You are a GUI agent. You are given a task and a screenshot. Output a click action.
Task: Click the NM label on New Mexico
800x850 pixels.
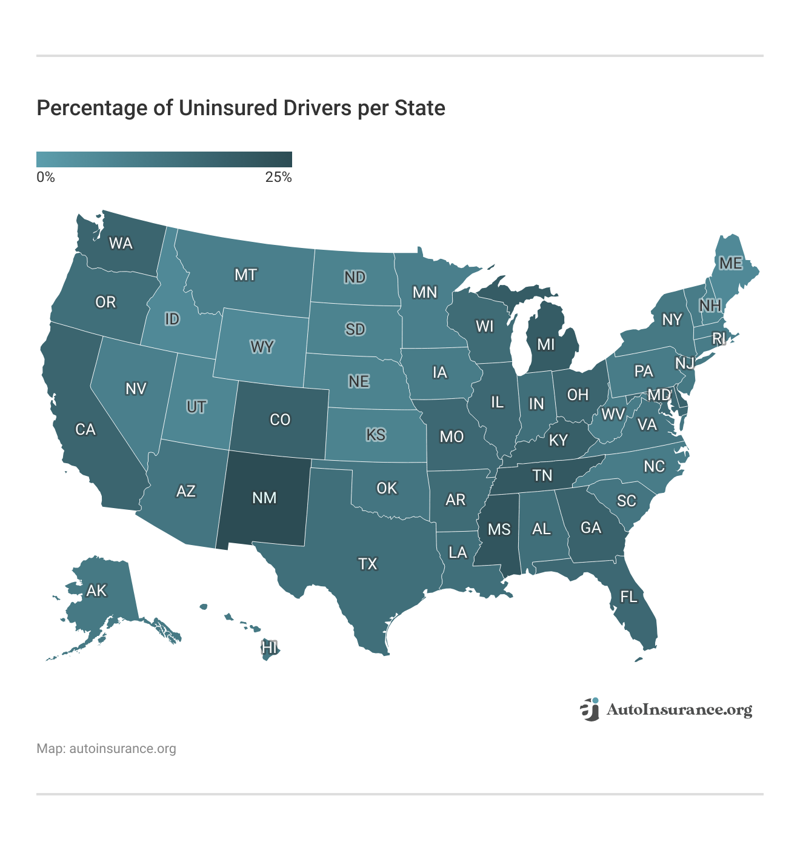pyautogui.click(x=264, y=498)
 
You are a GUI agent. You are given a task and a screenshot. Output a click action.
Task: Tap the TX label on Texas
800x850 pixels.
pyautogui.click(x=367, y=564)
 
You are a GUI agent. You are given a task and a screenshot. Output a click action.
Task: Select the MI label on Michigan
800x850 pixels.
pyautogui.click(x=545, y=344)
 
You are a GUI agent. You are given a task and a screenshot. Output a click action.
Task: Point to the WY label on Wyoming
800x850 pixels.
pyautogui.click(x=262, y=347)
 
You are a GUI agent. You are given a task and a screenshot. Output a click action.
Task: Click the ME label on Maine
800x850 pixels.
pyautogui.click(x=730, y=263)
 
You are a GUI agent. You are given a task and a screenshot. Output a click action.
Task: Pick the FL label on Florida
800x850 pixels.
pyautogui.click(x=628, y=597)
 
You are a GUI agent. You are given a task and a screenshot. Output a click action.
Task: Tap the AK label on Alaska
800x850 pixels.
pyautogui.click(x=96, y=590)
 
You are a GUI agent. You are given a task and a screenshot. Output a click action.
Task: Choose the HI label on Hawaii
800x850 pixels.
pyautogui.click(x=269, y=648)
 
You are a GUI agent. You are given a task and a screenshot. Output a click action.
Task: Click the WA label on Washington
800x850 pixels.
pyautogui.click(x=120, y=243)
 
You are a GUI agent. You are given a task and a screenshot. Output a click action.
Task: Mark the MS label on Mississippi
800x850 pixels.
pyautogui.click(x=499, y=529)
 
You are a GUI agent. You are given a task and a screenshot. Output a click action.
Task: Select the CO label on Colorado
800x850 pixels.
pyautogui.click(x=279, y=420)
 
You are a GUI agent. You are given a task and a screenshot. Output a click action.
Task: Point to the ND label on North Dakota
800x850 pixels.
pyautogui.click(x=355, y=277)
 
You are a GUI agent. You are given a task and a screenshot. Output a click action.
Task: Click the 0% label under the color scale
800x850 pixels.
pyautogui.click(x=45, y=177)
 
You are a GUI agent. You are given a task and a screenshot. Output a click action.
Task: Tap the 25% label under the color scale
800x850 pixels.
pyautogui.click(x=278, y=177)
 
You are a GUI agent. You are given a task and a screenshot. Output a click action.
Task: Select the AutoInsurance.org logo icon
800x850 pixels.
pyautogui.click(x=589, y=709)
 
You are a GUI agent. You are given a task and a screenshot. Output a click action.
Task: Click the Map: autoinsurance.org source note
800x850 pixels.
pyautogui.click(x=106, y=748)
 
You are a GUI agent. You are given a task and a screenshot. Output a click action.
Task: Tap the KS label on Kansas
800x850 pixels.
pyautogui.click(x=376, y=435)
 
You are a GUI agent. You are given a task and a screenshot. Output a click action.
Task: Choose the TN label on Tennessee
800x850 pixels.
pyautogui.click(x=542, y=475)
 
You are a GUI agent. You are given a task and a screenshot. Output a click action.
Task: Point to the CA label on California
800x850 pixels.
pyautogui.click(x=85, y=429)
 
